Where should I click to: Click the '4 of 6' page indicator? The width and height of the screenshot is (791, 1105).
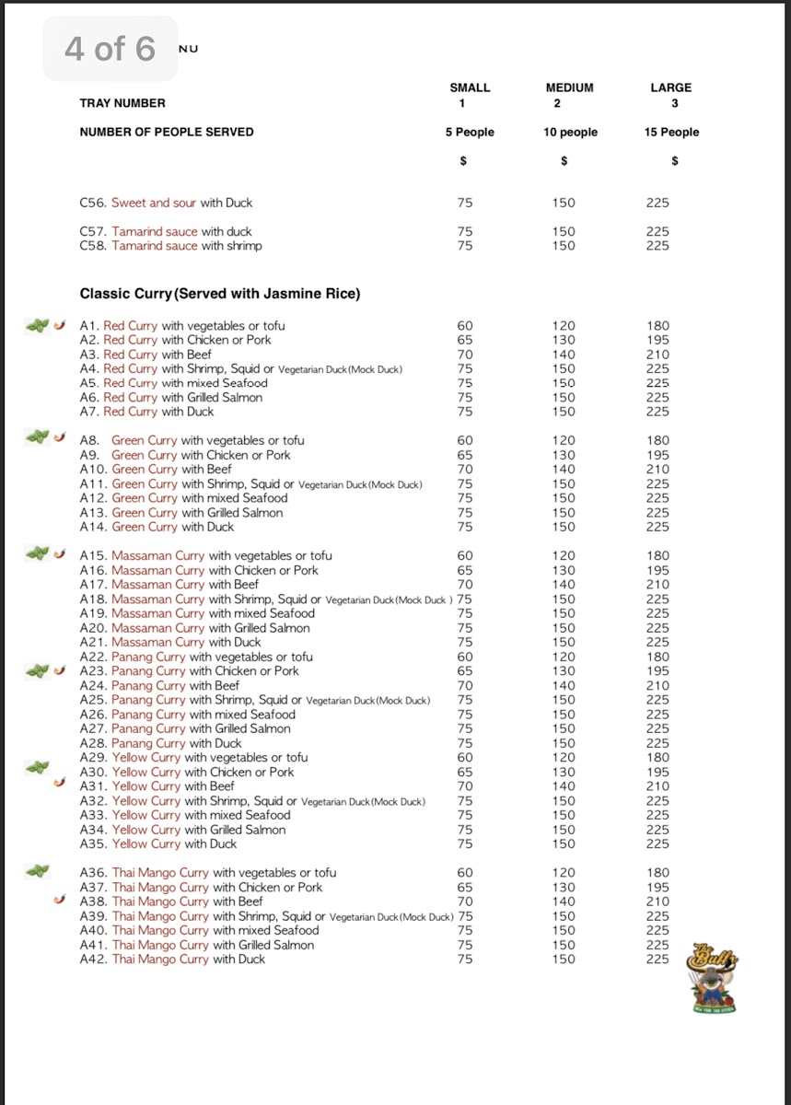click(110, 48)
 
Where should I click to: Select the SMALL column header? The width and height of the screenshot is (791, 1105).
click(470, 87)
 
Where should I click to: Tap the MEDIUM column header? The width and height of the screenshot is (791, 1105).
click(569, 87)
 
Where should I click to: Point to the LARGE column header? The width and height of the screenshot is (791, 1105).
click(670, 87)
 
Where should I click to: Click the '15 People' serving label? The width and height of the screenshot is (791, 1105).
click(671, 132)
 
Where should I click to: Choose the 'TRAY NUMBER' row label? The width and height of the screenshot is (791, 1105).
click(122, 103)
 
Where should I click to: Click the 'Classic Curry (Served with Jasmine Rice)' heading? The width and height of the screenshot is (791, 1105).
click(220, 294)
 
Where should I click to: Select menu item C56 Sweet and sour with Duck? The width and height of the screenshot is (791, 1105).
click(166, 203)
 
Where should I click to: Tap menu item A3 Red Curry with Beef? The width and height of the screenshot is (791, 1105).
click(145, 355)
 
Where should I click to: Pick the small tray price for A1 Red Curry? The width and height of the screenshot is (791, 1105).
click(465, 326)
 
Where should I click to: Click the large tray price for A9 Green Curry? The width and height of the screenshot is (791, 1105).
click(657, 455)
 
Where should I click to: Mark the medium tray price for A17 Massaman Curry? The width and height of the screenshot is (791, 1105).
click(563, 585)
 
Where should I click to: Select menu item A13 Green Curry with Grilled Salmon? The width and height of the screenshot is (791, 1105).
click(181, 513)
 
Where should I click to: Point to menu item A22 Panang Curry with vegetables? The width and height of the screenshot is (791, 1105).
click(196, 657)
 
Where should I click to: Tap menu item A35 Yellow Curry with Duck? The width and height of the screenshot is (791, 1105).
click(158, 843)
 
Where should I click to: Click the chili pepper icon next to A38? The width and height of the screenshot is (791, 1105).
click(60, 901)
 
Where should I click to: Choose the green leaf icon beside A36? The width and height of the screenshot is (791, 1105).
click(38, 869)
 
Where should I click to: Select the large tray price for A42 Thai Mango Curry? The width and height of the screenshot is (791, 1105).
click(657, 960)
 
